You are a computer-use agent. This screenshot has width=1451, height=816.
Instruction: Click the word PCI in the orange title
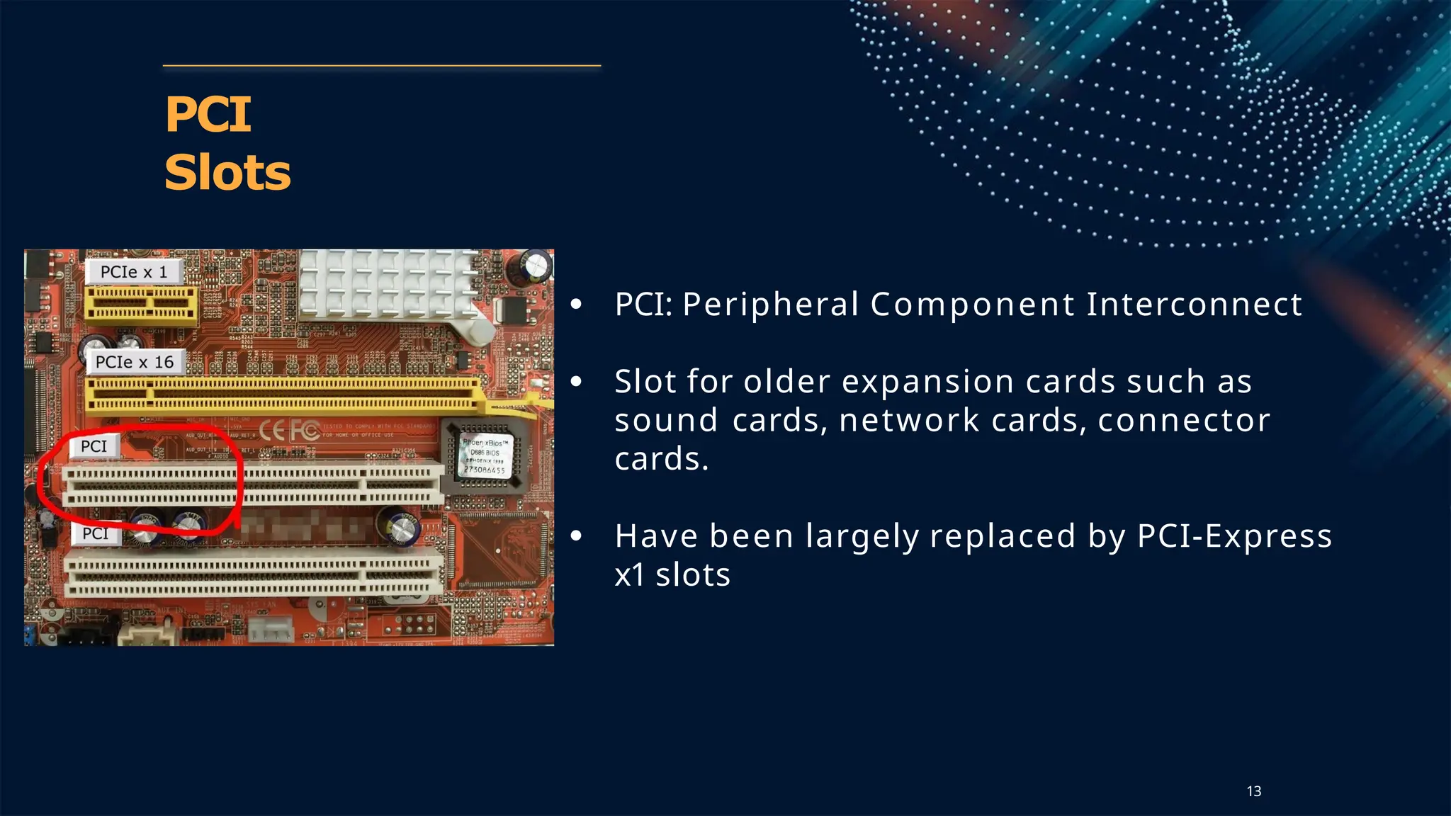coord(208,115)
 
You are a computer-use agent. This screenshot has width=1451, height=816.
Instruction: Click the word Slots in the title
coord(227,173)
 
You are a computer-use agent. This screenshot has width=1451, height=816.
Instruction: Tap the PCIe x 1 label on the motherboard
coord(134,272)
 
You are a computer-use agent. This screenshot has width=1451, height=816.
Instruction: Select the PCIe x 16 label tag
coord(135,362)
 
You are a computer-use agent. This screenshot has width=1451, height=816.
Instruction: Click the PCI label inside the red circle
coord(94,446)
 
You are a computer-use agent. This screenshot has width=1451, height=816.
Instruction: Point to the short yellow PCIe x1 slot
coord(141,305)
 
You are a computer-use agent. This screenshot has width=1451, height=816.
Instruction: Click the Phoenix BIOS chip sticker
coord(485,455)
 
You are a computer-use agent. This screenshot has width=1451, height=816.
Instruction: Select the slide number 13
coord(1253,791)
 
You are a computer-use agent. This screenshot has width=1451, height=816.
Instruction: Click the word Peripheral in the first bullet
coord(770,305)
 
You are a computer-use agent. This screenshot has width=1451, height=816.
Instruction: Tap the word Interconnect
coord(1194,305)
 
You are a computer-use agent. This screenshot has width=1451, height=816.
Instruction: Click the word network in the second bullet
coord(909,421)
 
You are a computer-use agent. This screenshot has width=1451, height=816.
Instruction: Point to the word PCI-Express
coord(1234,536)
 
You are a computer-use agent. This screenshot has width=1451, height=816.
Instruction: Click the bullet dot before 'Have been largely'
coord(577,536)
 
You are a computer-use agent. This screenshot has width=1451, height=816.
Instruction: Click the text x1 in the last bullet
coord(629,575)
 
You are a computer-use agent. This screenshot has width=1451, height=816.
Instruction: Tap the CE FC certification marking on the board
coord(289,430)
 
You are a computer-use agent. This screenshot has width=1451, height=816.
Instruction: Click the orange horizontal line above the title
coord(382,66)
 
